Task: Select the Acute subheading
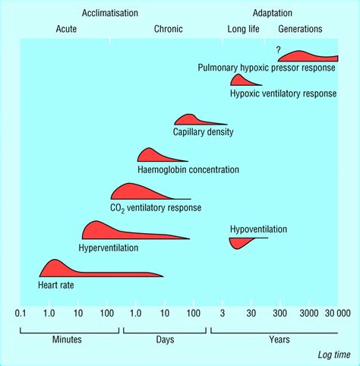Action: click(x=67, y=29)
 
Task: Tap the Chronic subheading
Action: click(x=168, y=29)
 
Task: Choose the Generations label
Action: click(x=300, y=29)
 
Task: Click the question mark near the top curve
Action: click(x=279, y=49)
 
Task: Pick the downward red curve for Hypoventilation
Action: click(x=241, y=243)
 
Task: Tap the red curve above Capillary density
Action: click(x=190, y=119)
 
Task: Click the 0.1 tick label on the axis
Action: click(x=21, y=313)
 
